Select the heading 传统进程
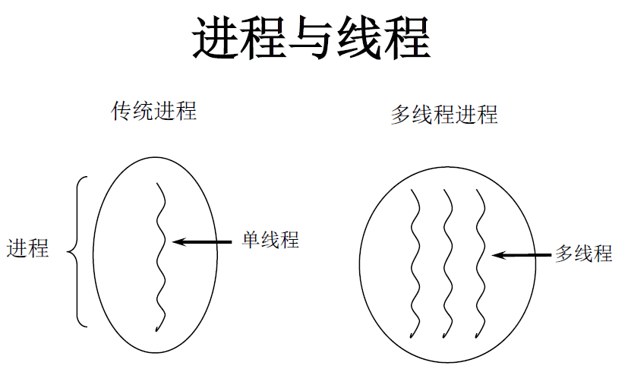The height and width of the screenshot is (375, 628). point(154,112)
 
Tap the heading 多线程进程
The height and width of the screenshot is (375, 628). point(444,115)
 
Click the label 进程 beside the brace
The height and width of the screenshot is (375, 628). point(28,248)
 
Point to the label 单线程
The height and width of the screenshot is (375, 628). point(270,241)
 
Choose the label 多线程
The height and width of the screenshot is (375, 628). point(583,254)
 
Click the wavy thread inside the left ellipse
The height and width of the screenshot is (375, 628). point(160,258)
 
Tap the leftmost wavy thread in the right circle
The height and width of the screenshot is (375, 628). point(414,262)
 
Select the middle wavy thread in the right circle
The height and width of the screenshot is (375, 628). point(447,262)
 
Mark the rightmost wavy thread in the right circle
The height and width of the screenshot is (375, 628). point(480,262)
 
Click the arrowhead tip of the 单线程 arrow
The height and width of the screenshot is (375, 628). point(175,242)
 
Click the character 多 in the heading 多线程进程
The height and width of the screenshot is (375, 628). point(400,115)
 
